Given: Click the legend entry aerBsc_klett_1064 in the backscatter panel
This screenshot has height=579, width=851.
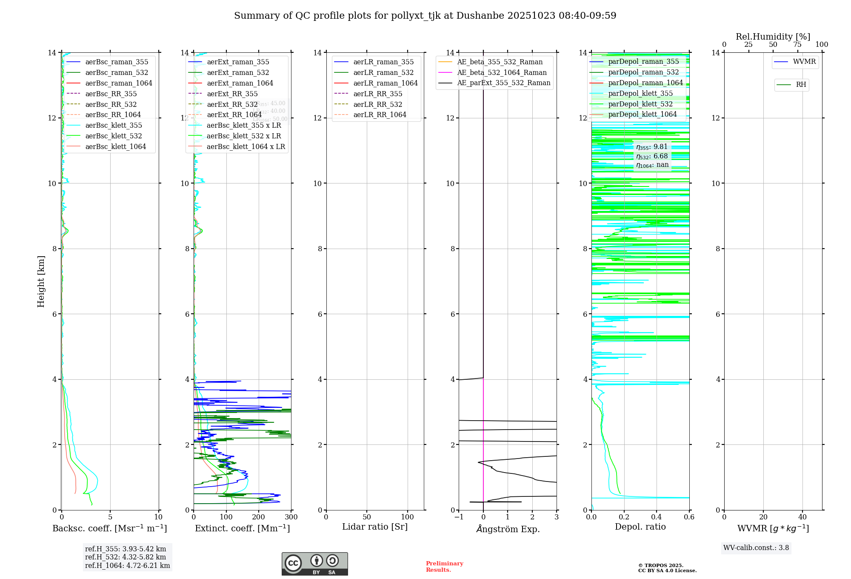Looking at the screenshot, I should click(x=115, y=146).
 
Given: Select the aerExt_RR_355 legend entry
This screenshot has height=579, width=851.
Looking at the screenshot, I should click(x=232, y=94).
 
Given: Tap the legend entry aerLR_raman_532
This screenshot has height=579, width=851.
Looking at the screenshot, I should click(x=383, y=72).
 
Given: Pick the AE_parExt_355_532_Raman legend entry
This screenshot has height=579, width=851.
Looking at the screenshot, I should click(x=503, y=83).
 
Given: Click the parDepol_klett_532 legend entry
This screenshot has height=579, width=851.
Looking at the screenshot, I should click(x=640, y=104).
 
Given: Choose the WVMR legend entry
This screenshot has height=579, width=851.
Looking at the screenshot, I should click(x=804, y=62).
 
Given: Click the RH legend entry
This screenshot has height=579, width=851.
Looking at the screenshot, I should click(x=800, y=85).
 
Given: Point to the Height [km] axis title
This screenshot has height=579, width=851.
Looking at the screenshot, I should click(x=41, y=281).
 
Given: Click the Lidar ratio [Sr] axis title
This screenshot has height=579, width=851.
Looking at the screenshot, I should click(x=374, y=527).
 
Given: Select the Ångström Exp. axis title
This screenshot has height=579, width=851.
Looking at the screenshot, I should click(x=508, y=529).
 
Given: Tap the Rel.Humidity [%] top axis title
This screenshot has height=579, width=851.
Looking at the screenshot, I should click(x=773, y=37).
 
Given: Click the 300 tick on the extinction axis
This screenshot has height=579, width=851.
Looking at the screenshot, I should click(x=291, y=517).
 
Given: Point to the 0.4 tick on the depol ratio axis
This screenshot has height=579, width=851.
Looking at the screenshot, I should click(x=657, y=517).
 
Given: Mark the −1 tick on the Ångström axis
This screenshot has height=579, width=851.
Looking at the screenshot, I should click(x=459, y=517).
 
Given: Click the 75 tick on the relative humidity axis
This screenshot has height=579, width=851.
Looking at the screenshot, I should click(x=797, y=45).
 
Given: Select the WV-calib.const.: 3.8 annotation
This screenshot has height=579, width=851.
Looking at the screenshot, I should click(x=756, y=548).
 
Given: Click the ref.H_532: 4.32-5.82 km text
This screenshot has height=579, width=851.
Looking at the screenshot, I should click(x=126, y=557).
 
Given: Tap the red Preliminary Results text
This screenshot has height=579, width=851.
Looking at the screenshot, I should click(x=444, y=567).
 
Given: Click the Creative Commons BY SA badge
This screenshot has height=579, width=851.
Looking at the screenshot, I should click(x=314, y=564).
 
